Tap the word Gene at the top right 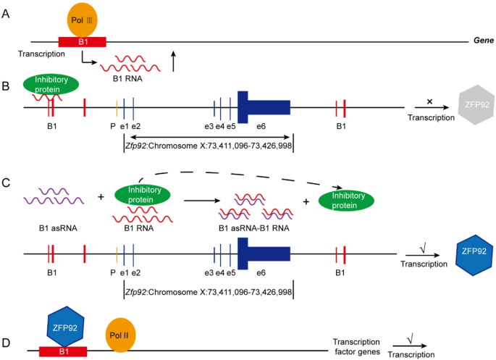click(x=482, y=41)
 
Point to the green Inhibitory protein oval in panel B click(x=51, y=84)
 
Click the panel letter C click(x=7, y=182)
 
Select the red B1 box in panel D click(x=63, y=351)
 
